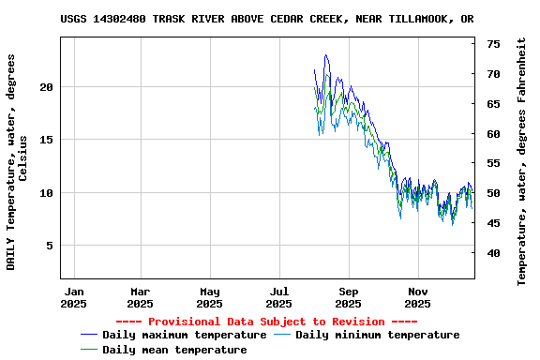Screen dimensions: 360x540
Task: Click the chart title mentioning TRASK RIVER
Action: tap(266, 19)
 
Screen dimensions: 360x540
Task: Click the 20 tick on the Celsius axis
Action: tap(47, 87)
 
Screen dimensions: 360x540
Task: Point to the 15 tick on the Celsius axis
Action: tap(47, 140)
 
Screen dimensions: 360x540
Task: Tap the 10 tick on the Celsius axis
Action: tap(47, 193)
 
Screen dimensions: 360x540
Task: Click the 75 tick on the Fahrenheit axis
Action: tap(493, 44)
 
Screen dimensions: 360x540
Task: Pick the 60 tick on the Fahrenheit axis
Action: tap(493, 134)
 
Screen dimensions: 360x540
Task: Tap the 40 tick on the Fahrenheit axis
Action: tap(493, 253)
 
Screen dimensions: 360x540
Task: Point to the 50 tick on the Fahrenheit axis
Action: tap(493, 193)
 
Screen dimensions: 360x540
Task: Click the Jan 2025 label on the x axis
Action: tap(74, 297)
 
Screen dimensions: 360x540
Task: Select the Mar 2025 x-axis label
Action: tap(140, 297)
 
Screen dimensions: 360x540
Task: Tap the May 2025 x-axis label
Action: tap(209, 297)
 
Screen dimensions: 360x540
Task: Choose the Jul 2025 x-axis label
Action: tap(278, 297)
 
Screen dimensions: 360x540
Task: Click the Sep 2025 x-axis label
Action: tap(348, 297)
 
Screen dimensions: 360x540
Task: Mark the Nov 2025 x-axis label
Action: tap(417, 297)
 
